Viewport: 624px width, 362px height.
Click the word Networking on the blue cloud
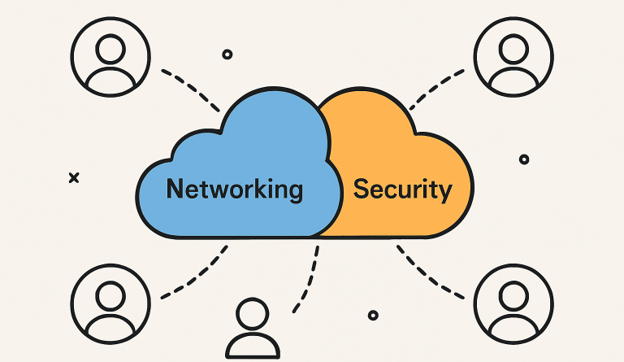234,190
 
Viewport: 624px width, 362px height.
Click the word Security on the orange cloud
403,190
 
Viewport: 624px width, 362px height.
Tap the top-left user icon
110,55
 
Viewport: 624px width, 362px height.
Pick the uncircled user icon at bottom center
252,329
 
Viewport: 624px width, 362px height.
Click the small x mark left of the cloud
74,177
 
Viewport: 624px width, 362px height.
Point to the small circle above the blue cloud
227,55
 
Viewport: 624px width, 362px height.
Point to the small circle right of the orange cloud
524,159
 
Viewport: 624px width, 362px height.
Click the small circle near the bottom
373,315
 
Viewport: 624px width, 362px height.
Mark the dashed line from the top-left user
191,89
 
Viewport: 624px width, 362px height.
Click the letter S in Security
362,190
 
